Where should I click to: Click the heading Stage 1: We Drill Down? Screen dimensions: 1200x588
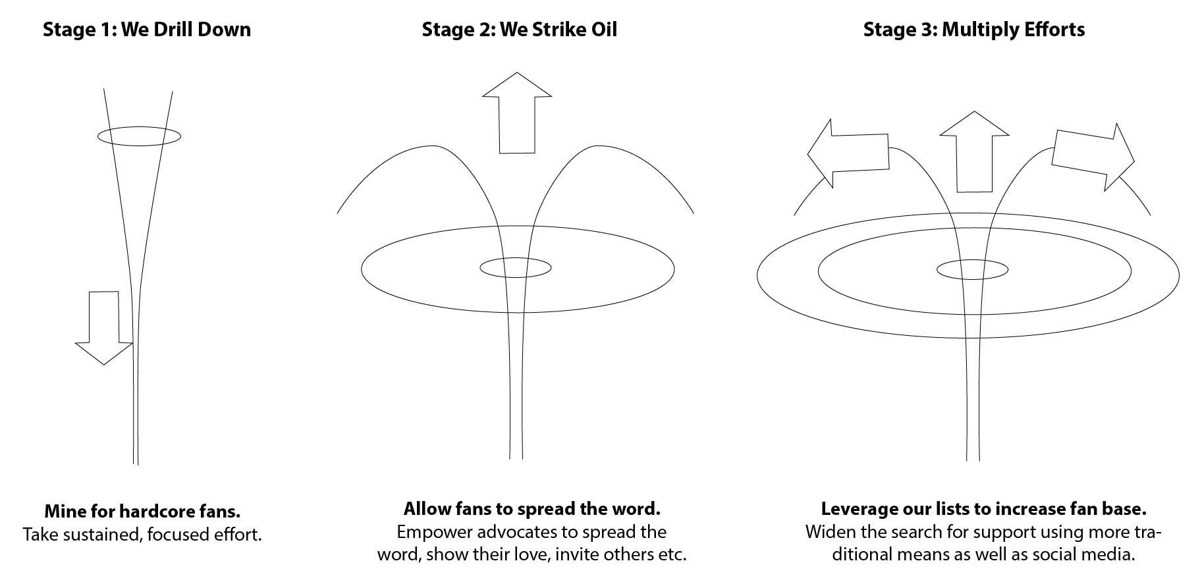click(x=146, y=30)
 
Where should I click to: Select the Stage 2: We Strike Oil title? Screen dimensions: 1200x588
click(x=519, y=30)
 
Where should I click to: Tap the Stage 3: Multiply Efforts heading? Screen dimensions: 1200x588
click(x=974, y=30)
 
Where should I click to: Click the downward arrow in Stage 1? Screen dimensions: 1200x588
click(x=104, y=327)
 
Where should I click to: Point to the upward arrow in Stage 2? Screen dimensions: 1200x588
click(x=517, y=113)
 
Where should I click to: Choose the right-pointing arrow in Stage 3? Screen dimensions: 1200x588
click(x=1093, y=157)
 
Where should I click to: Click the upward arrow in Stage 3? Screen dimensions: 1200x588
click(x=974, y=151)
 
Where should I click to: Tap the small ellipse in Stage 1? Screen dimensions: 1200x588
click(x=139, y=136)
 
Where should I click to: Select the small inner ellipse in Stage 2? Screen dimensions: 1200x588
click(x=515, y=267)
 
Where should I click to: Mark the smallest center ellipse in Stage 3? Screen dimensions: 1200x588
click(x=972, y=269)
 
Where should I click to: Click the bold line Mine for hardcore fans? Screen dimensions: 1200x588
click(x=142, y=512)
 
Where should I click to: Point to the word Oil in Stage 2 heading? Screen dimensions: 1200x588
click(x=601, y=30)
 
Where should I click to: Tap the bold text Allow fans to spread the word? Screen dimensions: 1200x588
click(x=532, y=509)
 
